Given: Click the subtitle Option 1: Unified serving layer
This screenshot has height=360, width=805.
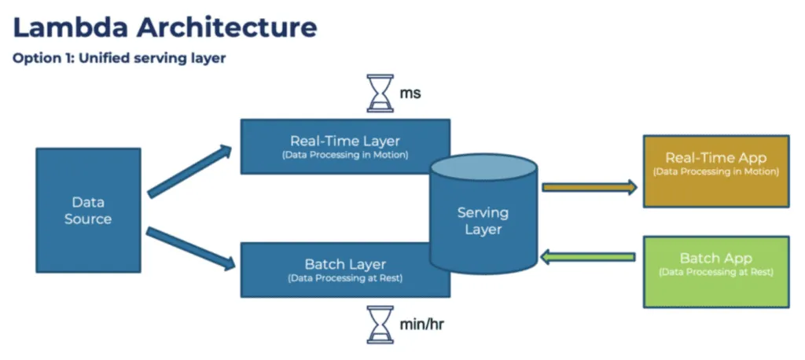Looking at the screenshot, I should coord(119,59).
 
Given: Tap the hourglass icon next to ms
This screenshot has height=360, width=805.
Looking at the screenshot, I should coord(380,94).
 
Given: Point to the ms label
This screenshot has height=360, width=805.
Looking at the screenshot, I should coord(410,94).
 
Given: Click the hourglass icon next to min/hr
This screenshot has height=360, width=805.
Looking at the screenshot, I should coord(380,324).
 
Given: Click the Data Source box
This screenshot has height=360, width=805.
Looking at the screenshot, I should coord(88,211).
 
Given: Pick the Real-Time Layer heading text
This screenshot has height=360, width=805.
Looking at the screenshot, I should coord(344,141).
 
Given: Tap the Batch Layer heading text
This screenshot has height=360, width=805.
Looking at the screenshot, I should coord(344,264).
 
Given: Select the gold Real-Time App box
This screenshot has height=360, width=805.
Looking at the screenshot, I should coord(715,171).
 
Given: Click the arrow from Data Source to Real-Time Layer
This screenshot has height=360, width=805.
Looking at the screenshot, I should coord(190,171).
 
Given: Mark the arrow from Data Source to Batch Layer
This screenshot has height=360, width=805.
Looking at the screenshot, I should coord(190,248).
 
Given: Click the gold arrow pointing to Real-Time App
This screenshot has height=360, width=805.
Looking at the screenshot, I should coord(590,187).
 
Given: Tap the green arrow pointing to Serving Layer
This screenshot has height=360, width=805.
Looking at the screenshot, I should coord(590,256).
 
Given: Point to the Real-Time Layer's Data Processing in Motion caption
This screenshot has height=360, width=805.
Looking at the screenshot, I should coord(344,156).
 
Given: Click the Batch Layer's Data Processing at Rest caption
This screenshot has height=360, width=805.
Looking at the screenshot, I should coord(344,278).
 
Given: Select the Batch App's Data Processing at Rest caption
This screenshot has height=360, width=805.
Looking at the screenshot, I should coord(715,273).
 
